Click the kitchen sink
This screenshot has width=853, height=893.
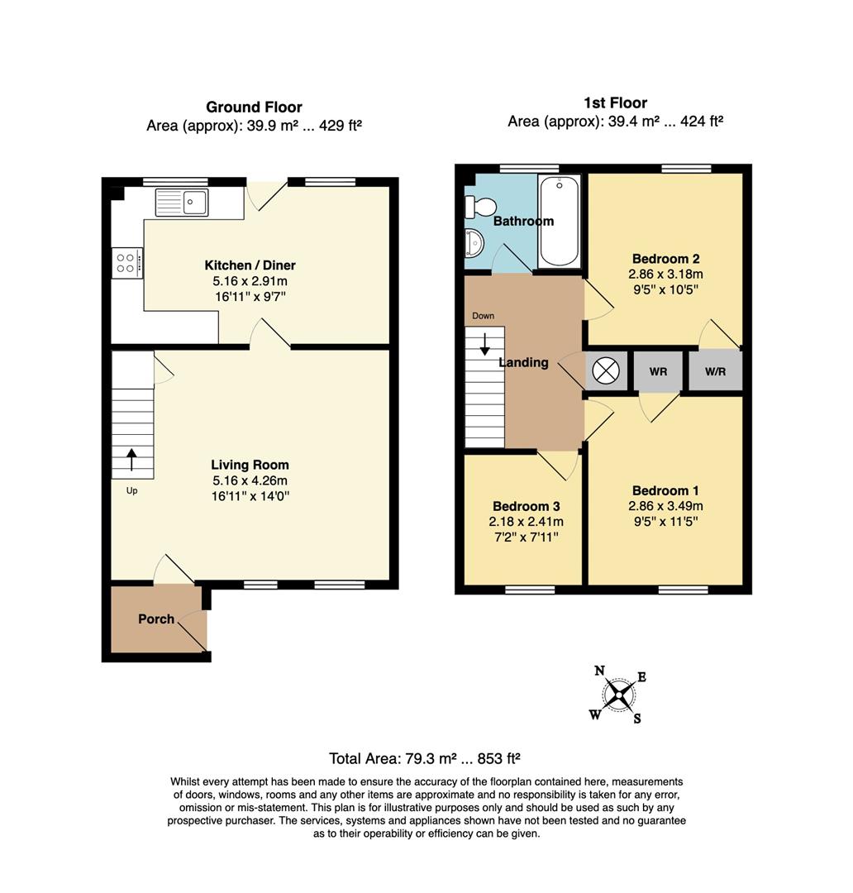pyautogui.click(x=182, y=203)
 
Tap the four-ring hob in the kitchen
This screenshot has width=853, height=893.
pyautogui.click(x=127, y=263)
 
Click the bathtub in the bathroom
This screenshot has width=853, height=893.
pyautogui.click(x=560, y=221)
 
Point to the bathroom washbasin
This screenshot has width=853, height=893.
pyautogui.click(x=474, y=242)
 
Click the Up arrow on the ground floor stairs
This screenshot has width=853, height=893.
pyautogui.click(x=131, y=460)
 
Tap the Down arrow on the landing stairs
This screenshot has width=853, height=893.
pyautogui.click(x=484, y=343)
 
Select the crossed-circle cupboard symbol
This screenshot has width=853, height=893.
pyautogui.click(x=606, y=371)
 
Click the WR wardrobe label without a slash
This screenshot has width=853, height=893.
pyautogui.click(x=658, y=372)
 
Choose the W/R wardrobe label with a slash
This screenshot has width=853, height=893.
pyautogui.click(x=715, y=372)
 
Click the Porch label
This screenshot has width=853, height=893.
pyautogui.click(x=156, y=619)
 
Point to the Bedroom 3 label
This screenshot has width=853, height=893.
pyautogui.click(x=527, y=506)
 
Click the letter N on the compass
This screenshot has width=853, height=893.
pyautogui.click(x=599, y=671)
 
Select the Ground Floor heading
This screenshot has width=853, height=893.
pyautogui.click(x=254, y=107)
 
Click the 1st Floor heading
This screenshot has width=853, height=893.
pyautogui.click(x=615, y=103)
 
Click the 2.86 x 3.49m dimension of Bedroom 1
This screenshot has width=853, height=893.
pyautogui.click(x=665, y=506)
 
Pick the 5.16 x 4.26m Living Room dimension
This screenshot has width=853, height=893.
pyautogui.click(x=250, y=480)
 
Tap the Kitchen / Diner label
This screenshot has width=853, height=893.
pyautogui.click(x=250, y=265)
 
